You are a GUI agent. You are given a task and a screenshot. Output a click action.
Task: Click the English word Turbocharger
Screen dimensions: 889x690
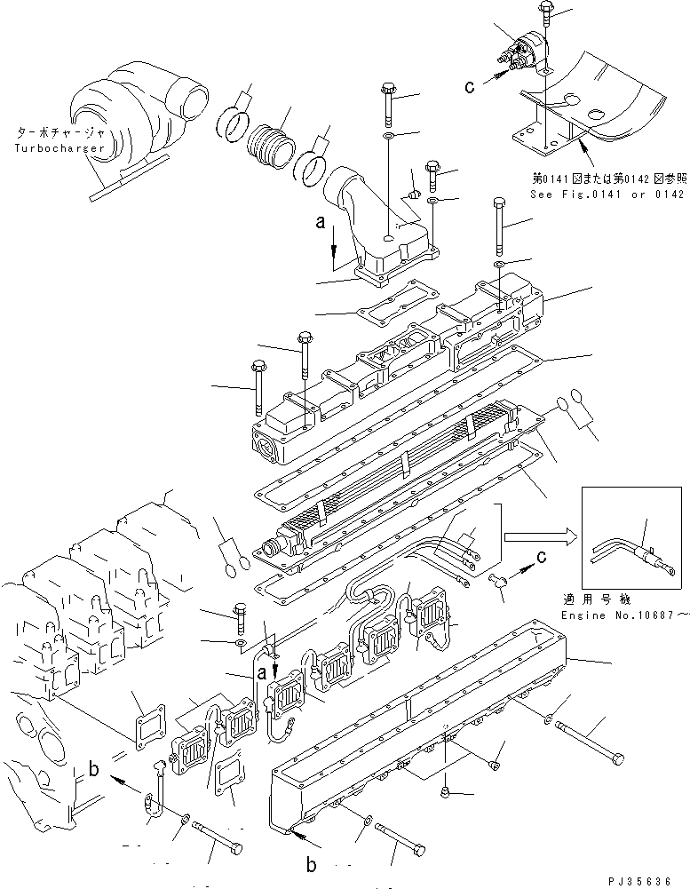[x=59, y=147]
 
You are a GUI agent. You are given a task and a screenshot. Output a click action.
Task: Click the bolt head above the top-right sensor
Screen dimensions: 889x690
[x=543, y=12]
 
